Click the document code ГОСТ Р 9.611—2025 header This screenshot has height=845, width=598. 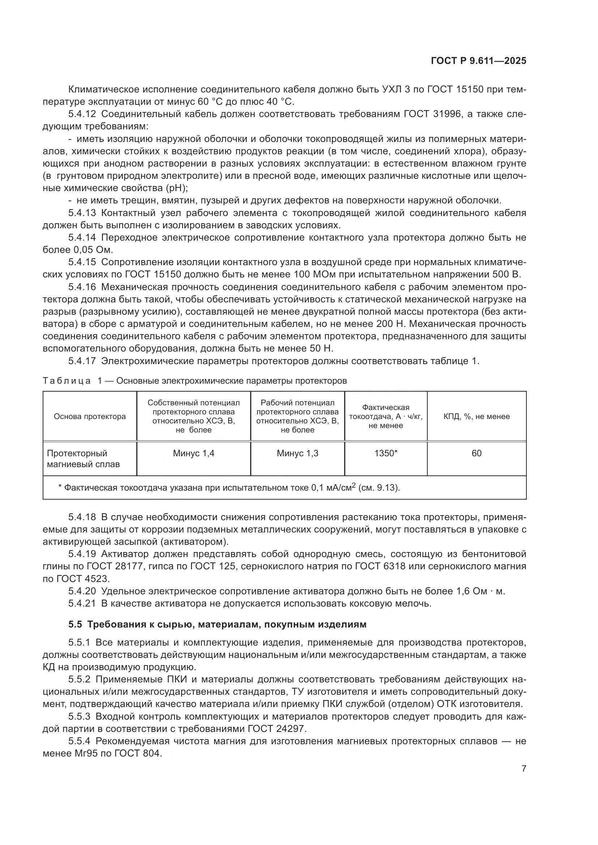click(478, 61)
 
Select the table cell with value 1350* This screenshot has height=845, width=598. click(385, 453)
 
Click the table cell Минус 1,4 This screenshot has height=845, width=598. click(193, 453)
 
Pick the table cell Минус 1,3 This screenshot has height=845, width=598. click(297, 453)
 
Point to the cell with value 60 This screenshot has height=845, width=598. click(476, 453)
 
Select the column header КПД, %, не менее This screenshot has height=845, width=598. click(476, 417)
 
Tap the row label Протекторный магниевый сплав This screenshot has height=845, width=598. click(83, 458)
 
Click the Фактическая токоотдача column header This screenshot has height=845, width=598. click(385, 417)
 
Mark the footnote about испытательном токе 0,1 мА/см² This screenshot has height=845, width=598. click(228, 488)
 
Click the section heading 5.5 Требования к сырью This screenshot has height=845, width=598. click(217, 625)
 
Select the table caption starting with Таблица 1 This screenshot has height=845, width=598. click(195, 381)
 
